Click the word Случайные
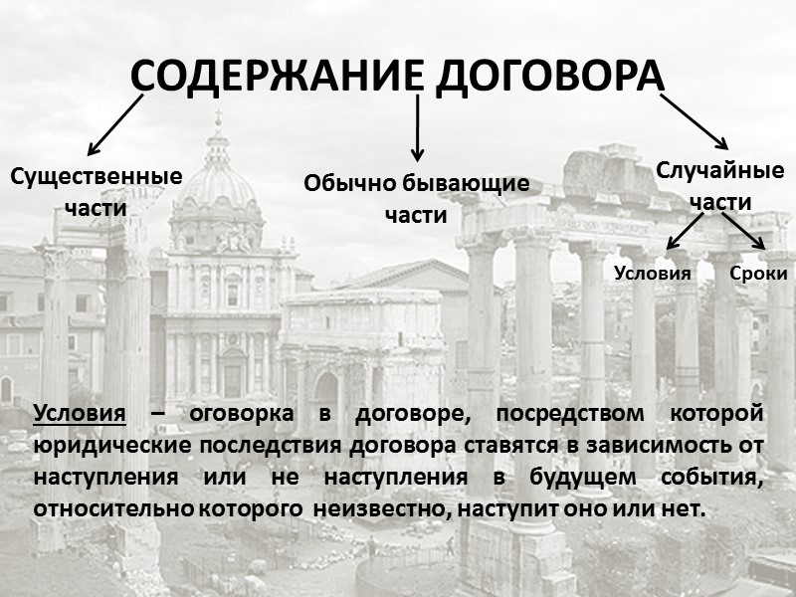click(x=720, y=170)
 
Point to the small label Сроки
click(x=758, y=274)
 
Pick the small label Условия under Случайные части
click(x=653, y=274)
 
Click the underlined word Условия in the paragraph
click(x=79, y=413)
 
